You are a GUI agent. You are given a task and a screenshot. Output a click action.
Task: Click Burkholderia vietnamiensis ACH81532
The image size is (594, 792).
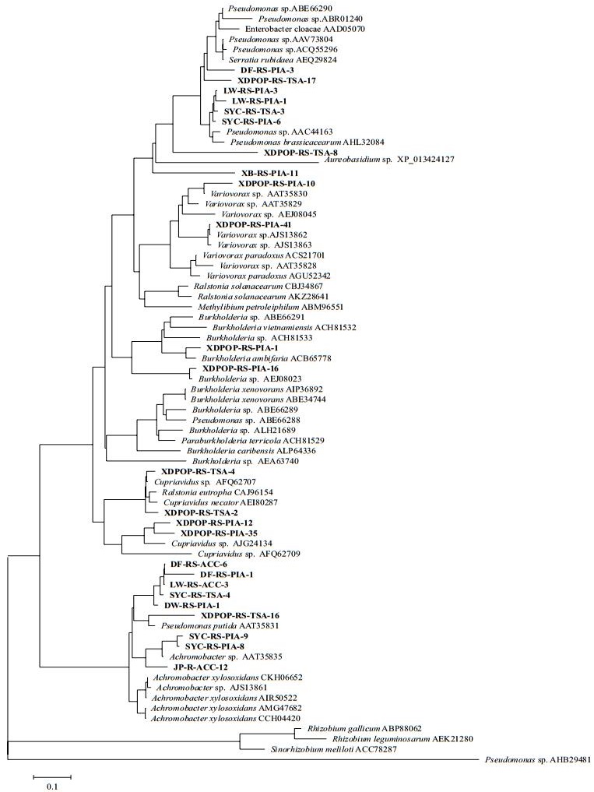click(273, 328)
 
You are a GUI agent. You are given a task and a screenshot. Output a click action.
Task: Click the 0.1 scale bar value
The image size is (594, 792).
click(51, 787)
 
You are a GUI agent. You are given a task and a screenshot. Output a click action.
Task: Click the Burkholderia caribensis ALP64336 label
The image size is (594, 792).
click(243, 450)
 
